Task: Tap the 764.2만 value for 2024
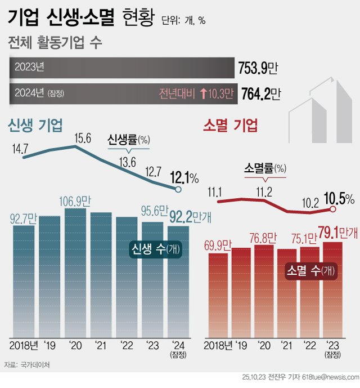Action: click(x=260, y=93)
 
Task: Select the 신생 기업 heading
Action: click(x=35, y=125)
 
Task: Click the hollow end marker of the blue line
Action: click(x=178, y=190)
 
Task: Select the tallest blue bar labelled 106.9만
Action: click(x=75, y=270)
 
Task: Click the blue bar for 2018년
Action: click(x=23, y=276)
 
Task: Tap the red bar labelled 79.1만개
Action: click(x=332, y=287)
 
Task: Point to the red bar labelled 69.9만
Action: click(x=218, y=293)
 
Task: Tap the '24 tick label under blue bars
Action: click(x=178, y=345)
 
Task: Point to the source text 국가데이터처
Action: click(x=35, y=365)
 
